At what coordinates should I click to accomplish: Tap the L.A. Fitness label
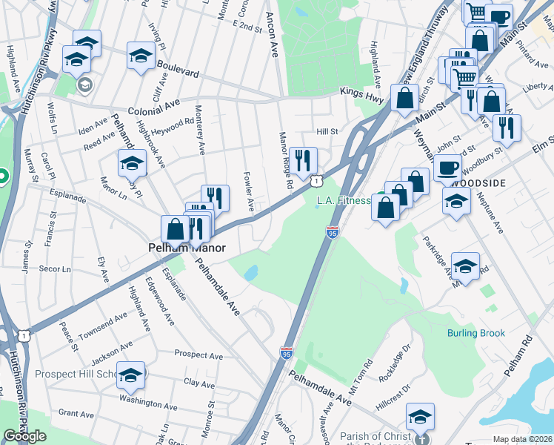click(343, 200)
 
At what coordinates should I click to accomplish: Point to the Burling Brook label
click(476, 333)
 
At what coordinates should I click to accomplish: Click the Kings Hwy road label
click(358, 92)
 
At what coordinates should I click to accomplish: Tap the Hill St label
click(327, 131)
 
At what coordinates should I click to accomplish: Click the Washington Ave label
click(149, 405)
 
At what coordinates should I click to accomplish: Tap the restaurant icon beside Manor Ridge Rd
click(302, 160)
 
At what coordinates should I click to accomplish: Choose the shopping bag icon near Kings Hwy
click(405, 98)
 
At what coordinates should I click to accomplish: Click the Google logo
click(25, 436)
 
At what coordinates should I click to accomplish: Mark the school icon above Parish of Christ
click(420, 417)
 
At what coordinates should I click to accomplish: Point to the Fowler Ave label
click(250, 191)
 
